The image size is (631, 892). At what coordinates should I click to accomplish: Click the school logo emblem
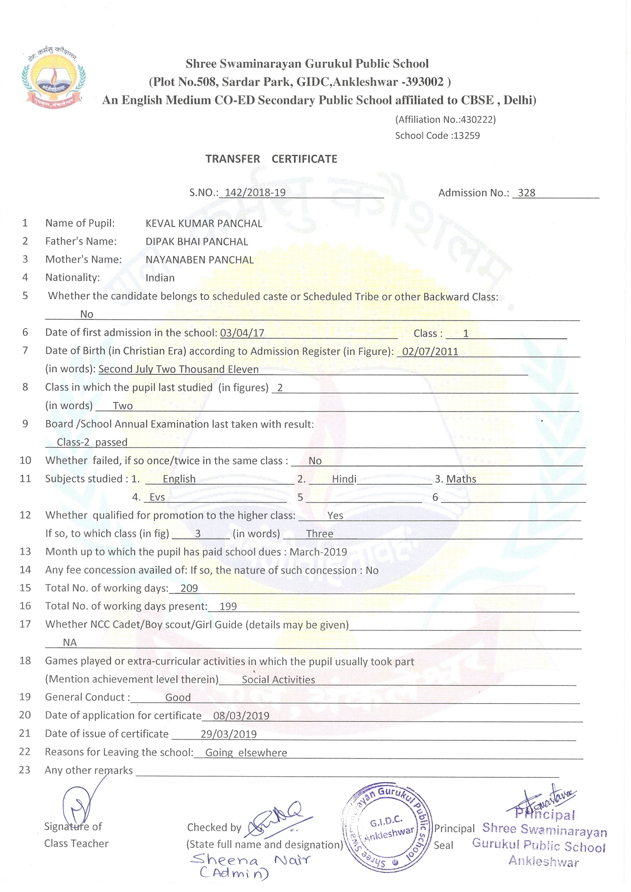(x=53, y=78)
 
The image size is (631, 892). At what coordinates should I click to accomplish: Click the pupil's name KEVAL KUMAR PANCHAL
(x=204, y=223)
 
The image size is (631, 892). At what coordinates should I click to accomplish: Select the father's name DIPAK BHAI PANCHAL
(x=196, y=242)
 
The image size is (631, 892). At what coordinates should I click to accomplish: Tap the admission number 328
(x=526, y=193)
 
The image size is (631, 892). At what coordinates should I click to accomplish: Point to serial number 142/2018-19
(x=255, y=193)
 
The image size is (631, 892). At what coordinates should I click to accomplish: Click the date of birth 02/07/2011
(x=430, y=351)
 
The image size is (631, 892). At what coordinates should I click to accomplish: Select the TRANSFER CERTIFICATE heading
(x=271, y=159)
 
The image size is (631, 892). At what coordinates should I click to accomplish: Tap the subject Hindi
(x=344, y=479)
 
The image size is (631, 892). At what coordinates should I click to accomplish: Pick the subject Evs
(x=157, y=497)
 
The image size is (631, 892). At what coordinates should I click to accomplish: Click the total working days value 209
(x=189, y=588)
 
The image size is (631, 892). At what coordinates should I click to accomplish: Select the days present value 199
(x=228, y=606)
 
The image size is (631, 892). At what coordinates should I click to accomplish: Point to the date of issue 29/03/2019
(x=228, y=734)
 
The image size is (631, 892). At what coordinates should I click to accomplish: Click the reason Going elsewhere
(x=246, y=753)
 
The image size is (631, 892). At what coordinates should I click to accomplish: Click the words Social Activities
(x=278, y=680)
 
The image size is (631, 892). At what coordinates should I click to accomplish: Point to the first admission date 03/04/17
(x=242, y=333)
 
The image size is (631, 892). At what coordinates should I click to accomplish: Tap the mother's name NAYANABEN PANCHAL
(x=199, y=260)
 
